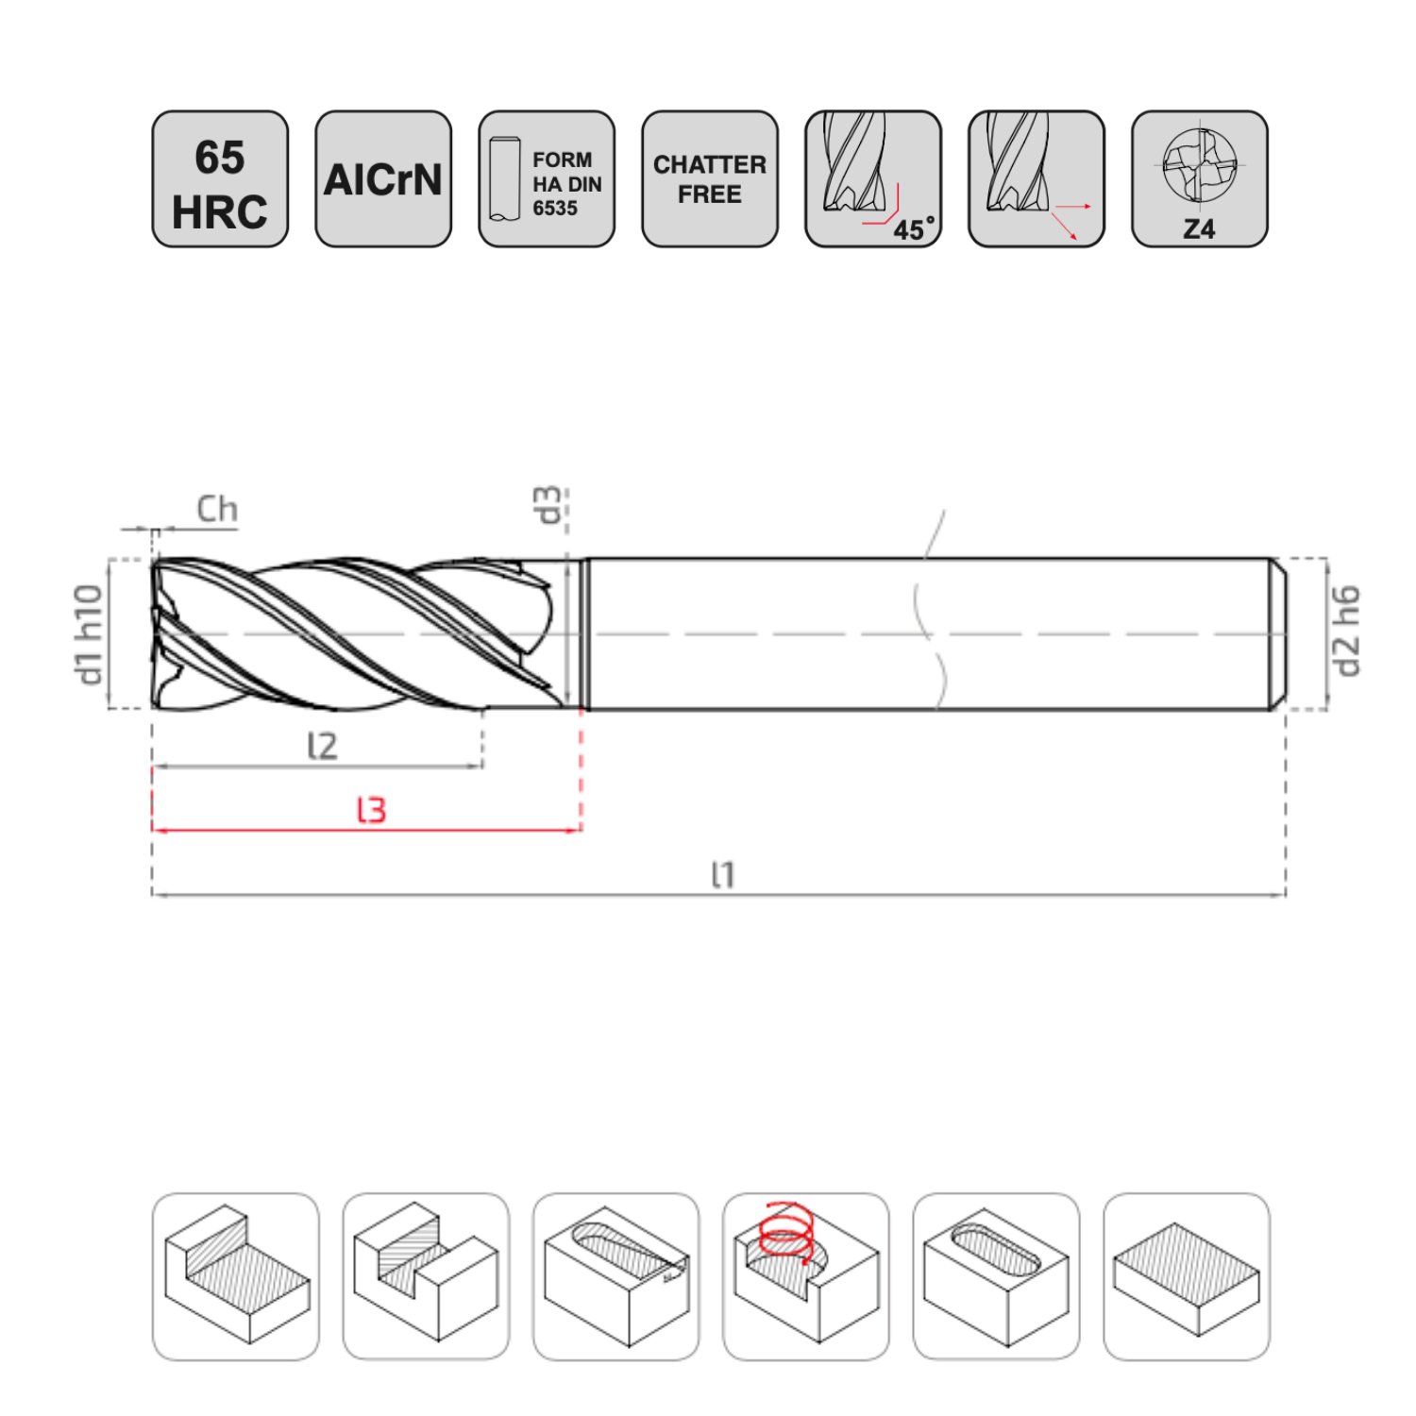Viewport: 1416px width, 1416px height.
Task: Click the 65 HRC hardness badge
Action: click(x=220, y=179)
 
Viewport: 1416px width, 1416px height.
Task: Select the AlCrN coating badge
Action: click(x=383, y=179)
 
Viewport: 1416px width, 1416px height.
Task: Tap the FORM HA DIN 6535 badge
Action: click(x=547, y=179)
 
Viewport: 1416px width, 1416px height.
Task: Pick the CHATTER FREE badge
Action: click(x=710, y=179)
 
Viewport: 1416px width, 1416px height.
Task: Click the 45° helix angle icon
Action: click(x=873, y=179)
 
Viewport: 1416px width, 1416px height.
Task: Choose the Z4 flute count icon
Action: click(x=1200, y=179)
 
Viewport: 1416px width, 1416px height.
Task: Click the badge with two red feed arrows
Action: click(x=1037, y=179)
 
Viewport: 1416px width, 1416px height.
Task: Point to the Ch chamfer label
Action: click(x=217, y=509)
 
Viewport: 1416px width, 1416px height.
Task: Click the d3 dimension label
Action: click(x=548, y=505)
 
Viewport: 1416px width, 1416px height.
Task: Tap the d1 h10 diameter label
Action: click(x=89, y=634)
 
